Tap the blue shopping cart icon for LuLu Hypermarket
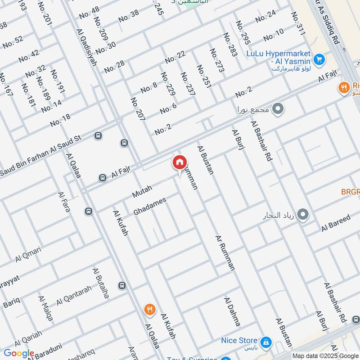point(319,59)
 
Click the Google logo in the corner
point(18,354)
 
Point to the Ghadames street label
point(150,206)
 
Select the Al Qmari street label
point(28,254)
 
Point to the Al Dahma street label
point(232,311)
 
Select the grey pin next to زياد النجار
point(303,215)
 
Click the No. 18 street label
point(60,120)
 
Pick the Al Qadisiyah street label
point(86,48)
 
